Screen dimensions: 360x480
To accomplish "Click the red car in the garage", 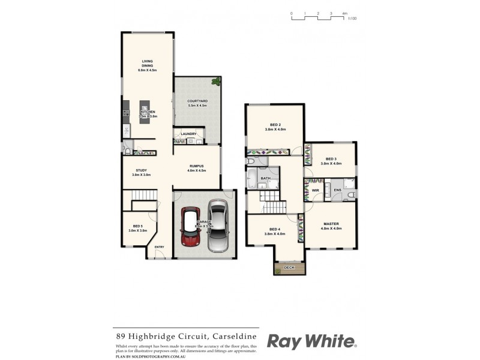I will pyautogui.click(x=191, y=229).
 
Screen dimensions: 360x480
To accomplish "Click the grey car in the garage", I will pyautogui.click(x=217, y=227).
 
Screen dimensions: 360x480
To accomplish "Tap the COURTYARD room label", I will pyautogui.click(x=197, y=101).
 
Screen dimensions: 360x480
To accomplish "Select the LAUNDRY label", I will pyautogui.click(x=189, y=134).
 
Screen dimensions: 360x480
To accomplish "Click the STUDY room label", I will pyautogui.click(x=141, y=170).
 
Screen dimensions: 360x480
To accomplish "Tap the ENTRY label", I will pyautogui.click(x=159, y=247).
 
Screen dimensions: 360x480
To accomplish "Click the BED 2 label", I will pyautogui.click(x=275, y=124).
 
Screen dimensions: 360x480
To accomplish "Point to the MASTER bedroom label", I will pyautogui.click(x=331, y=224).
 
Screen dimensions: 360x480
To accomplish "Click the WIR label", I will pyautogui.click(x=315, y=190).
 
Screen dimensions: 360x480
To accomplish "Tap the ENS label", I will pyautogui.click(x=337, y=190).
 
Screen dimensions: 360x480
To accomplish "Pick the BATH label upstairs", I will pyautogui.click(x=266, y=179).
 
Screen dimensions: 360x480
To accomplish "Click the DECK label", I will pyautogui.click(x=289, y=267).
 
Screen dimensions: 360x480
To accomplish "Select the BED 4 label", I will pyautogui.click(x=275, y=229).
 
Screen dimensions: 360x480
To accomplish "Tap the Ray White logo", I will pyautogui.click(x=311, y=342).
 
